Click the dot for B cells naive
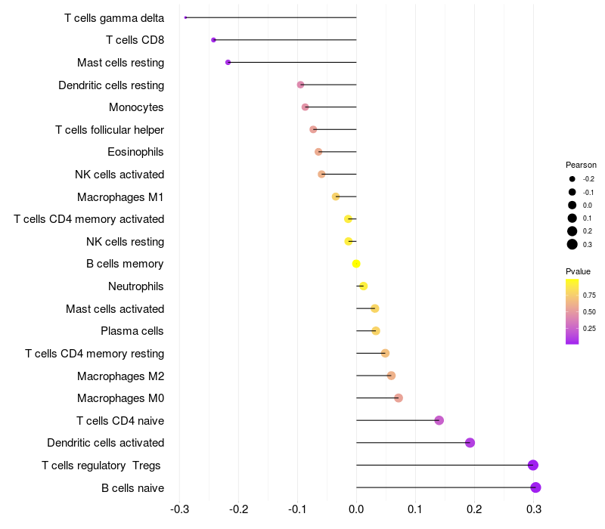click(x=535, y=487)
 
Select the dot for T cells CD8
click(x=213, y=40)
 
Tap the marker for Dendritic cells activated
click(x=470, y=443)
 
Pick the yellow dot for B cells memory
click(x=356, y=264)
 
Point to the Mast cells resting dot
click(x=228, y=62)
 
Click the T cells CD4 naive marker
click(x=439, y=420)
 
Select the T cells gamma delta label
click(x=114, y=17)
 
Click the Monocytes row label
click(x=136, y=107)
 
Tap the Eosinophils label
click(x=135, y=152)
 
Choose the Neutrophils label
click(x=136, y=286)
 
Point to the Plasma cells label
click(x=132, y=331)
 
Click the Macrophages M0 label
click(x=120, y=398)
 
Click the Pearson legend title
click(x=581, y=165)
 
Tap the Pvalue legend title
click(x=578, y=271)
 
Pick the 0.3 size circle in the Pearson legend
click(x=572, y=244)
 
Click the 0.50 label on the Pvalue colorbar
click(x=589, y=311)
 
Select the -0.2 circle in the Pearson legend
click(x=572, y=179)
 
